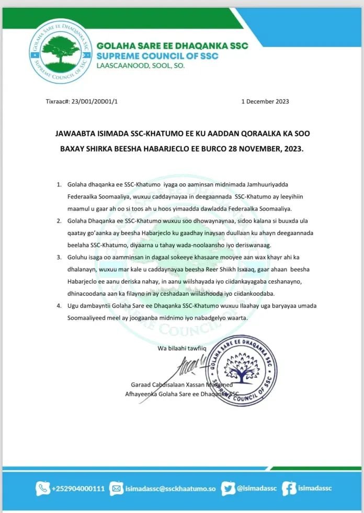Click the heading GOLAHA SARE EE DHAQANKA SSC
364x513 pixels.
coord(172,46)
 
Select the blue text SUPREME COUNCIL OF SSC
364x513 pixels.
coord(157,56)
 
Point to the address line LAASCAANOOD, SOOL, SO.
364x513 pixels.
coord(140,66)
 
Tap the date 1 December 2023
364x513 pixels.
coord(265,101)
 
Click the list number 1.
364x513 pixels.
coord(58,185)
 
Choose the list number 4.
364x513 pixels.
coord(58,305)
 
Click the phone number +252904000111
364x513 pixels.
coord(78,488)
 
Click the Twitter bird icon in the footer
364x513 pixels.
coord(227,488)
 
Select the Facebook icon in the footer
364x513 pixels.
coord(289,488)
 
